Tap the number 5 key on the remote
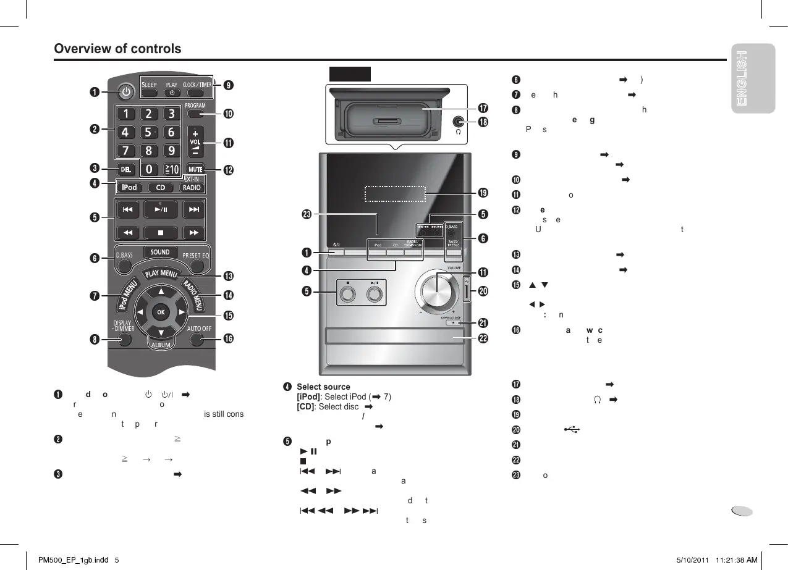click(x=148, y=132)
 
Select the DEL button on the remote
click(x=125, y=169)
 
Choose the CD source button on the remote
click(x=160, y=188)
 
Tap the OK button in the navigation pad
click(x=161, y=312)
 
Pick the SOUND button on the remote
click(x=160, y=253)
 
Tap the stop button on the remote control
click(x=160, y=233)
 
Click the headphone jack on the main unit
click(x=459, y=122)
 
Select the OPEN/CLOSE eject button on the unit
click(x=454, y=323)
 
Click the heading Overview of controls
click(x=118, y=49)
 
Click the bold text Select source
click(x=323, y=387)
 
